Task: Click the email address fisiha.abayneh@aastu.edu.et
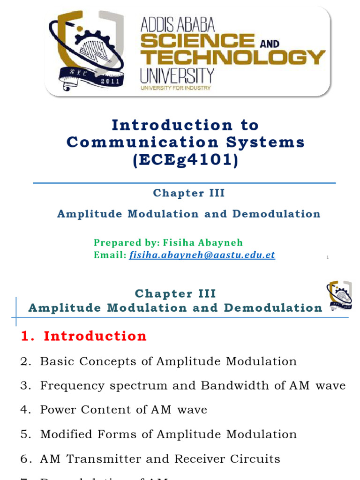(x=202, y=255)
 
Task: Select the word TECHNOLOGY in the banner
(x=232, y=57)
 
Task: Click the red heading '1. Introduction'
(x=84, y=336)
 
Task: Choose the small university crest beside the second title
(x=338, y=296)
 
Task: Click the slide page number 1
(x=327, y=257)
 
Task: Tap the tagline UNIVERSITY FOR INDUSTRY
(x=175, y=88)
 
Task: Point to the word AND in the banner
(x=269, y=44)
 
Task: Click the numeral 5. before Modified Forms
(x=25, y=434)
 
